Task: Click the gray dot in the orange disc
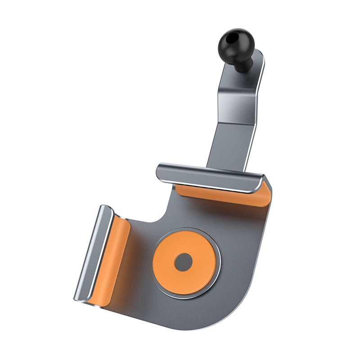[183, 262]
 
